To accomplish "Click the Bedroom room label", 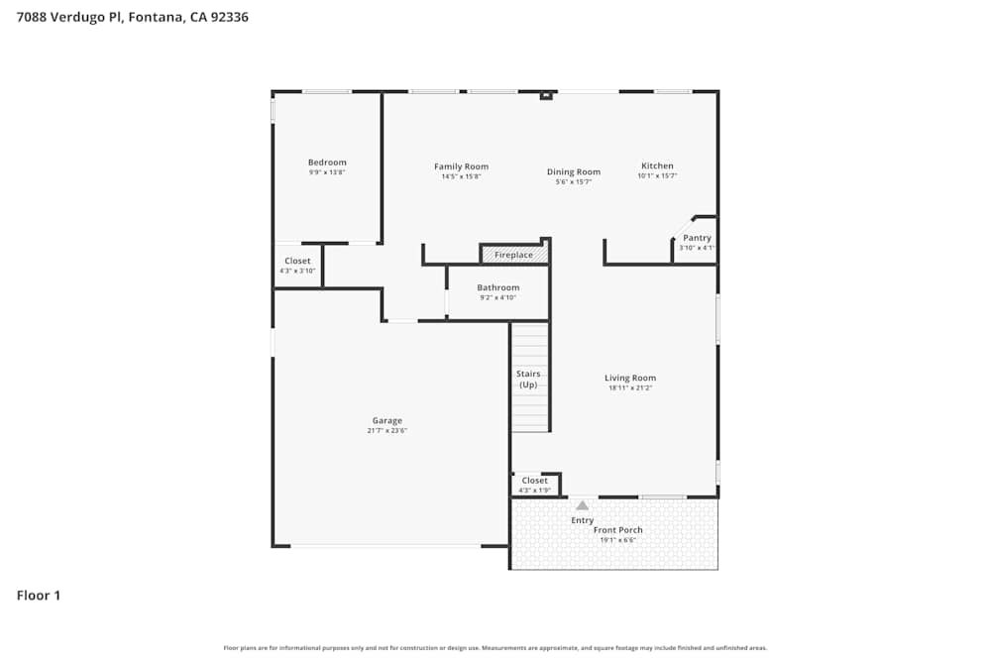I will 327,163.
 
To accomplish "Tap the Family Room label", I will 461,166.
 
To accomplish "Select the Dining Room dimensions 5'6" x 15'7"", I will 574,182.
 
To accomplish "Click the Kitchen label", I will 657,165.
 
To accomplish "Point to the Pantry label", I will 697,238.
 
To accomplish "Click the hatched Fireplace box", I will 513,255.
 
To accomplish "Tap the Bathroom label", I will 497,287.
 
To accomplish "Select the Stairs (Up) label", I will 528,379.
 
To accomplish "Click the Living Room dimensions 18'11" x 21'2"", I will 630,387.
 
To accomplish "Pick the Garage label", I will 387,420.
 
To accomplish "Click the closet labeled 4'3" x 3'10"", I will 297,266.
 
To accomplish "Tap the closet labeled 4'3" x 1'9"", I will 535,485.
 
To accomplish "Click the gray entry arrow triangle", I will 582,505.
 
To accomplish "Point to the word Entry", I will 582,520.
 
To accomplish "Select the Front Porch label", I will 618,530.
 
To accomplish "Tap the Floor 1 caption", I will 39,596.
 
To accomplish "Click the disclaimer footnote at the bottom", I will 495,648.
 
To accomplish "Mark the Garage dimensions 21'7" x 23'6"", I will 387,430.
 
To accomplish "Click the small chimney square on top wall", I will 545,96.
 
